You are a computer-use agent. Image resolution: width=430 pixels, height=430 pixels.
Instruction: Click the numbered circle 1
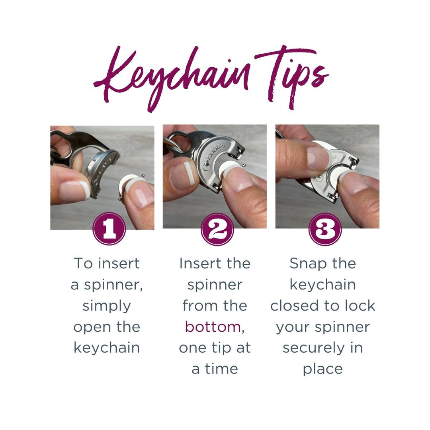[109, 229]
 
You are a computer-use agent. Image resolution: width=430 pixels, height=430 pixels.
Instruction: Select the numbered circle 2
[217, 229]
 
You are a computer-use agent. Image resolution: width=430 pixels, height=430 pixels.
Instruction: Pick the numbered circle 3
[325, 229]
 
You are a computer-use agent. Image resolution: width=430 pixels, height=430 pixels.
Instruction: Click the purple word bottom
[213, 327]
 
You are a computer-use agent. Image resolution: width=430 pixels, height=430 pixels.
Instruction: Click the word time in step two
[222, 369]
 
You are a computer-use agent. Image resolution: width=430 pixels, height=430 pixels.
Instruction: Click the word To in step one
[83, 264]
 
